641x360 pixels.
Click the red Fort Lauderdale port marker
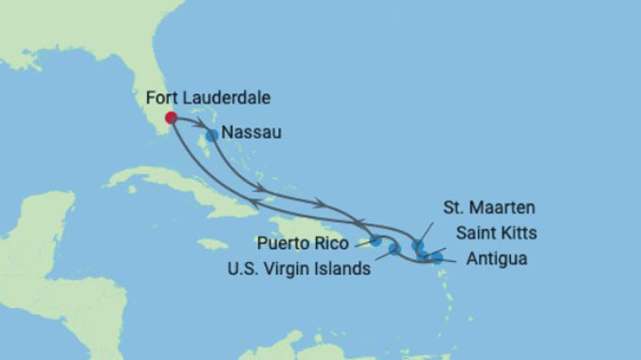pyautogui.click(x=171, y=118)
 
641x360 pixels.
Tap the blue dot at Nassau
pyautogui.click(x=212, y=136)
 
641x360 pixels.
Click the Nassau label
pyautogui.click(x=251, y=134)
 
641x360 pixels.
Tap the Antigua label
pyautogui.click(x=494, y=257)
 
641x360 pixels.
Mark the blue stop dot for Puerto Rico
pyautogui.click(x=376, y=240)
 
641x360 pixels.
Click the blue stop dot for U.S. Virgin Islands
pyautogui.click(x=394, y=249)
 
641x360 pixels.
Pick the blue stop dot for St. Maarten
pyautogui.click(x=418, y=246)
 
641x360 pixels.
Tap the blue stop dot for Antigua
pyautogui.click(x=436, y=257)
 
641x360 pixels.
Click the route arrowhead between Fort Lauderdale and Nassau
pyautogui.click(x=201, y=123)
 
